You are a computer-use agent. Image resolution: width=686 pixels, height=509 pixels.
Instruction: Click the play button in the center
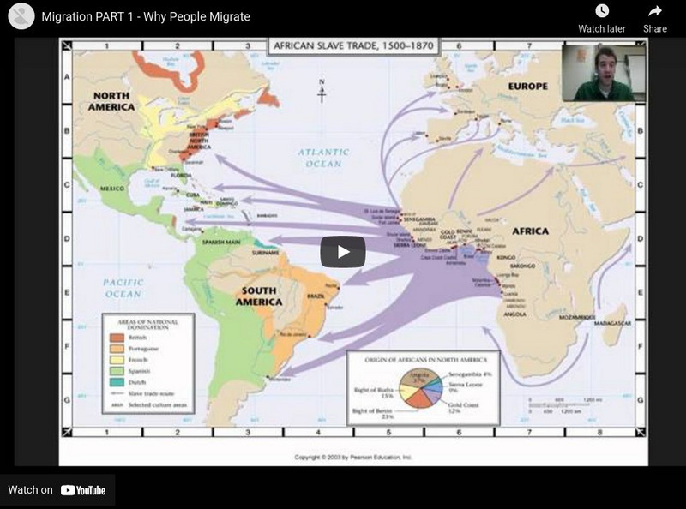[343, 251]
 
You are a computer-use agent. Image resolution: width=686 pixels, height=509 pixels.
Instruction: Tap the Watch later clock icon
[601, 11]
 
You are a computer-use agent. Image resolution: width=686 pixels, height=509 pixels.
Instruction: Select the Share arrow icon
[655, 11]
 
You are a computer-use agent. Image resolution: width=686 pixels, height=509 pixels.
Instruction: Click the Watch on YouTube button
[57, 490]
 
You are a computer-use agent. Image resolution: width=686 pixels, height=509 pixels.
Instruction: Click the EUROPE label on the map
[527, 86]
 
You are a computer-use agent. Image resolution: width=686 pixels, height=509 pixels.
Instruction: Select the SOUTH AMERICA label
[258, 296]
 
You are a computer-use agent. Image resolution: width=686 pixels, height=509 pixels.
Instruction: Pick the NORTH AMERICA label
[111, 101]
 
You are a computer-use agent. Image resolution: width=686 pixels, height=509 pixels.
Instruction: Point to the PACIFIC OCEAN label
[122, 287]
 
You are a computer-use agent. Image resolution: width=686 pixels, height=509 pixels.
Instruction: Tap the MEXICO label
[112, 188]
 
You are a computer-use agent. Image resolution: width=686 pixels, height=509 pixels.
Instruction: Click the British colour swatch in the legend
[116, 338]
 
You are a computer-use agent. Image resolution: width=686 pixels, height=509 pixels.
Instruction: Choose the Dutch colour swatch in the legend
[116, 381]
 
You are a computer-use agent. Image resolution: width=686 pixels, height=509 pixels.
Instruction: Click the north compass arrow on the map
[322, 91]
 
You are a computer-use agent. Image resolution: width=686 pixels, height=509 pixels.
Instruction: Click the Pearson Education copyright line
[353, 458]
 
